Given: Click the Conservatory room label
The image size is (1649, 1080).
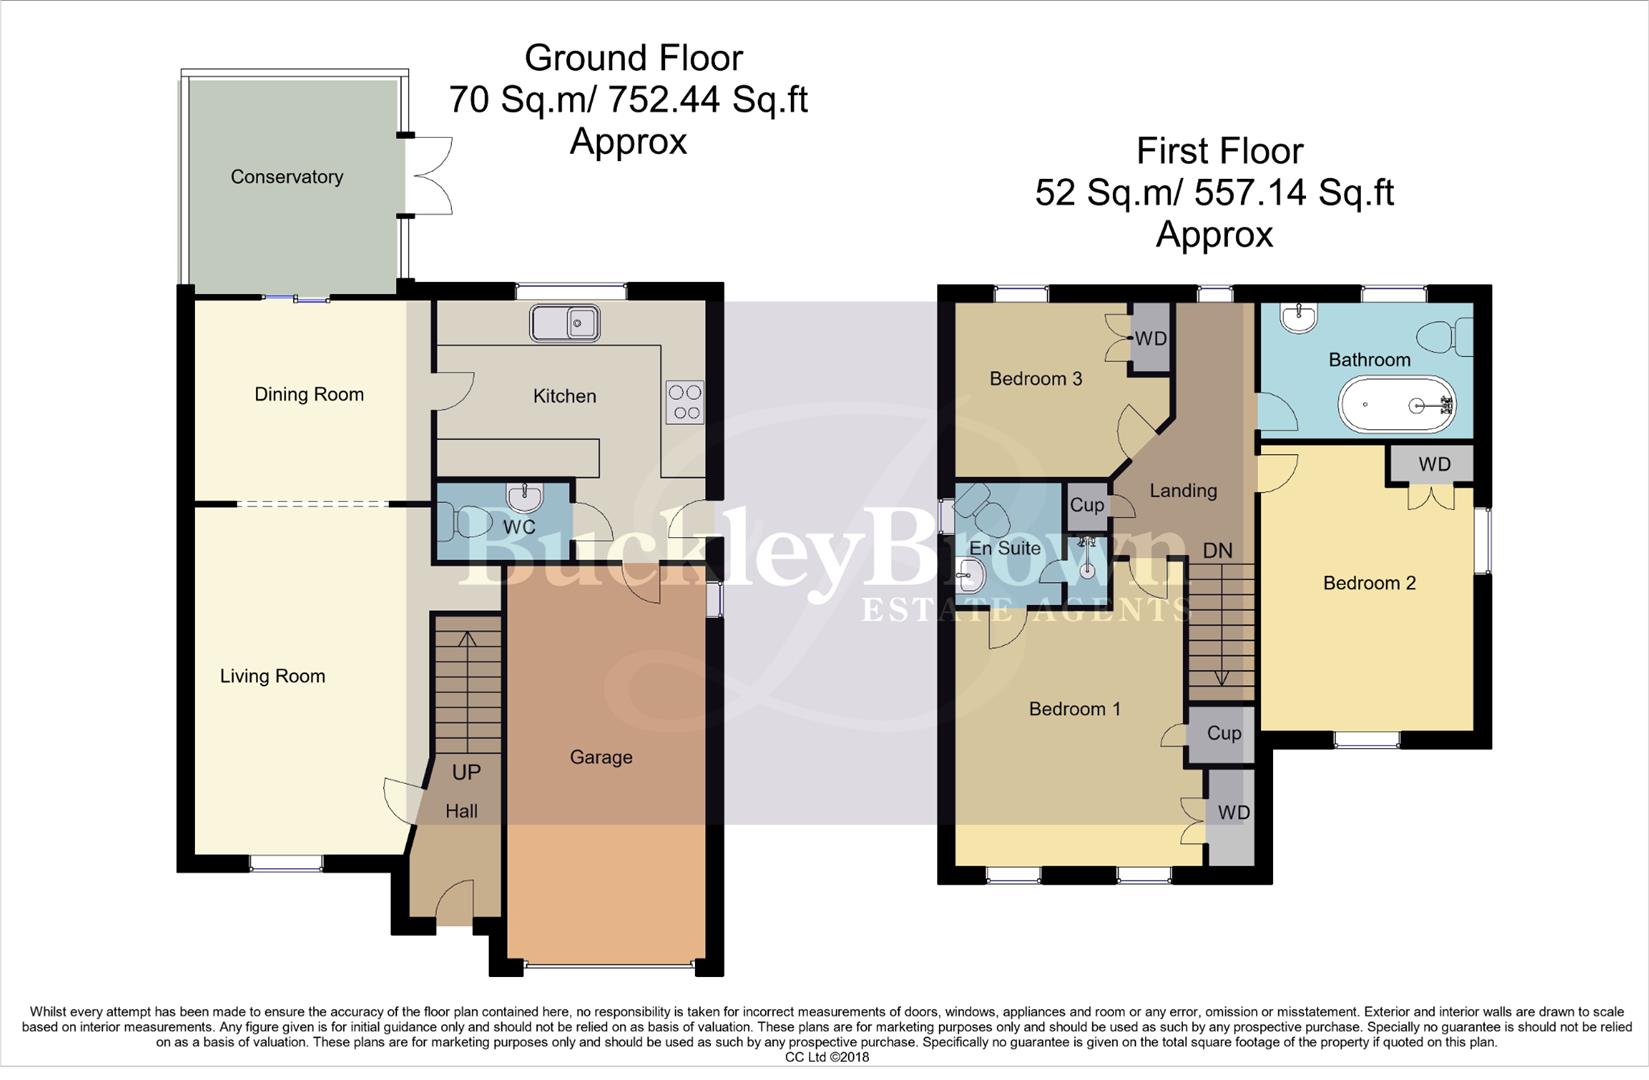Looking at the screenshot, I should tap(287, 177).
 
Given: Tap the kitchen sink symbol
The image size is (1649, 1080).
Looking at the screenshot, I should tap(565, 323).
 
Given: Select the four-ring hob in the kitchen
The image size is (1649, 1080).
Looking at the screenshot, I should tap(685, 402).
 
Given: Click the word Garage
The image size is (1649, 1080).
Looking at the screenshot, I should tap(601, 757).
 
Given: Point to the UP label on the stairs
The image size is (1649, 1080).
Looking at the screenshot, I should tap(466, 772).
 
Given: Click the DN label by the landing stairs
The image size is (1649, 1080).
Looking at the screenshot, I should tap(1217, 551).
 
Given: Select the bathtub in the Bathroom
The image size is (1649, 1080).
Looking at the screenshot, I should tap(1396, 405).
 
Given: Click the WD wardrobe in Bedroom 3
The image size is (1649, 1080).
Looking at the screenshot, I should tap(1150, 339).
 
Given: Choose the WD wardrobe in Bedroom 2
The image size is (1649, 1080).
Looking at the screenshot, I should tap(1434, 464).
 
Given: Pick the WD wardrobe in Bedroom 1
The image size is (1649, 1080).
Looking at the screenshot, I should tap(1233, 813).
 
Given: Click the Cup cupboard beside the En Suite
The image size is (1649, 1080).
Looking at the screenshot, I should tap(1086, 505).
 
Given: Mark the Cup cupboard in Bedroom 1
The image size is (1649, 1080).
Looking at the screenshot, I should tap(1223, 733).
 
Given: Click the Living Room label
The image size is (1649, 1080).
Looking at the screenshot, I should tap(272, 676).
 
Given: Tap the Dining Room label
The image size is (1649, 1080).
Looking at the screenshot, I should tap(309, 394).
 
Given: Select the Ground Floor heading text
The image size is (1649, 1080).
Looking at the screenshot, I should tap(633, 57).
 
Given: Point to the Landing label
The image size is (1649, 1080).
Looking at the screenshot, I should tap(1183, 490).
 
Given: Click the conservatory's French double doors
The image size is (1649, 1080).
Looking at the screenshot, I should tap(430, 175).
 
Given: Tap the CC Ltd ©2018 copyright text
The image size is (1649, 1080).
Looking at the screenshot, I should tap(826, 1057).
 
